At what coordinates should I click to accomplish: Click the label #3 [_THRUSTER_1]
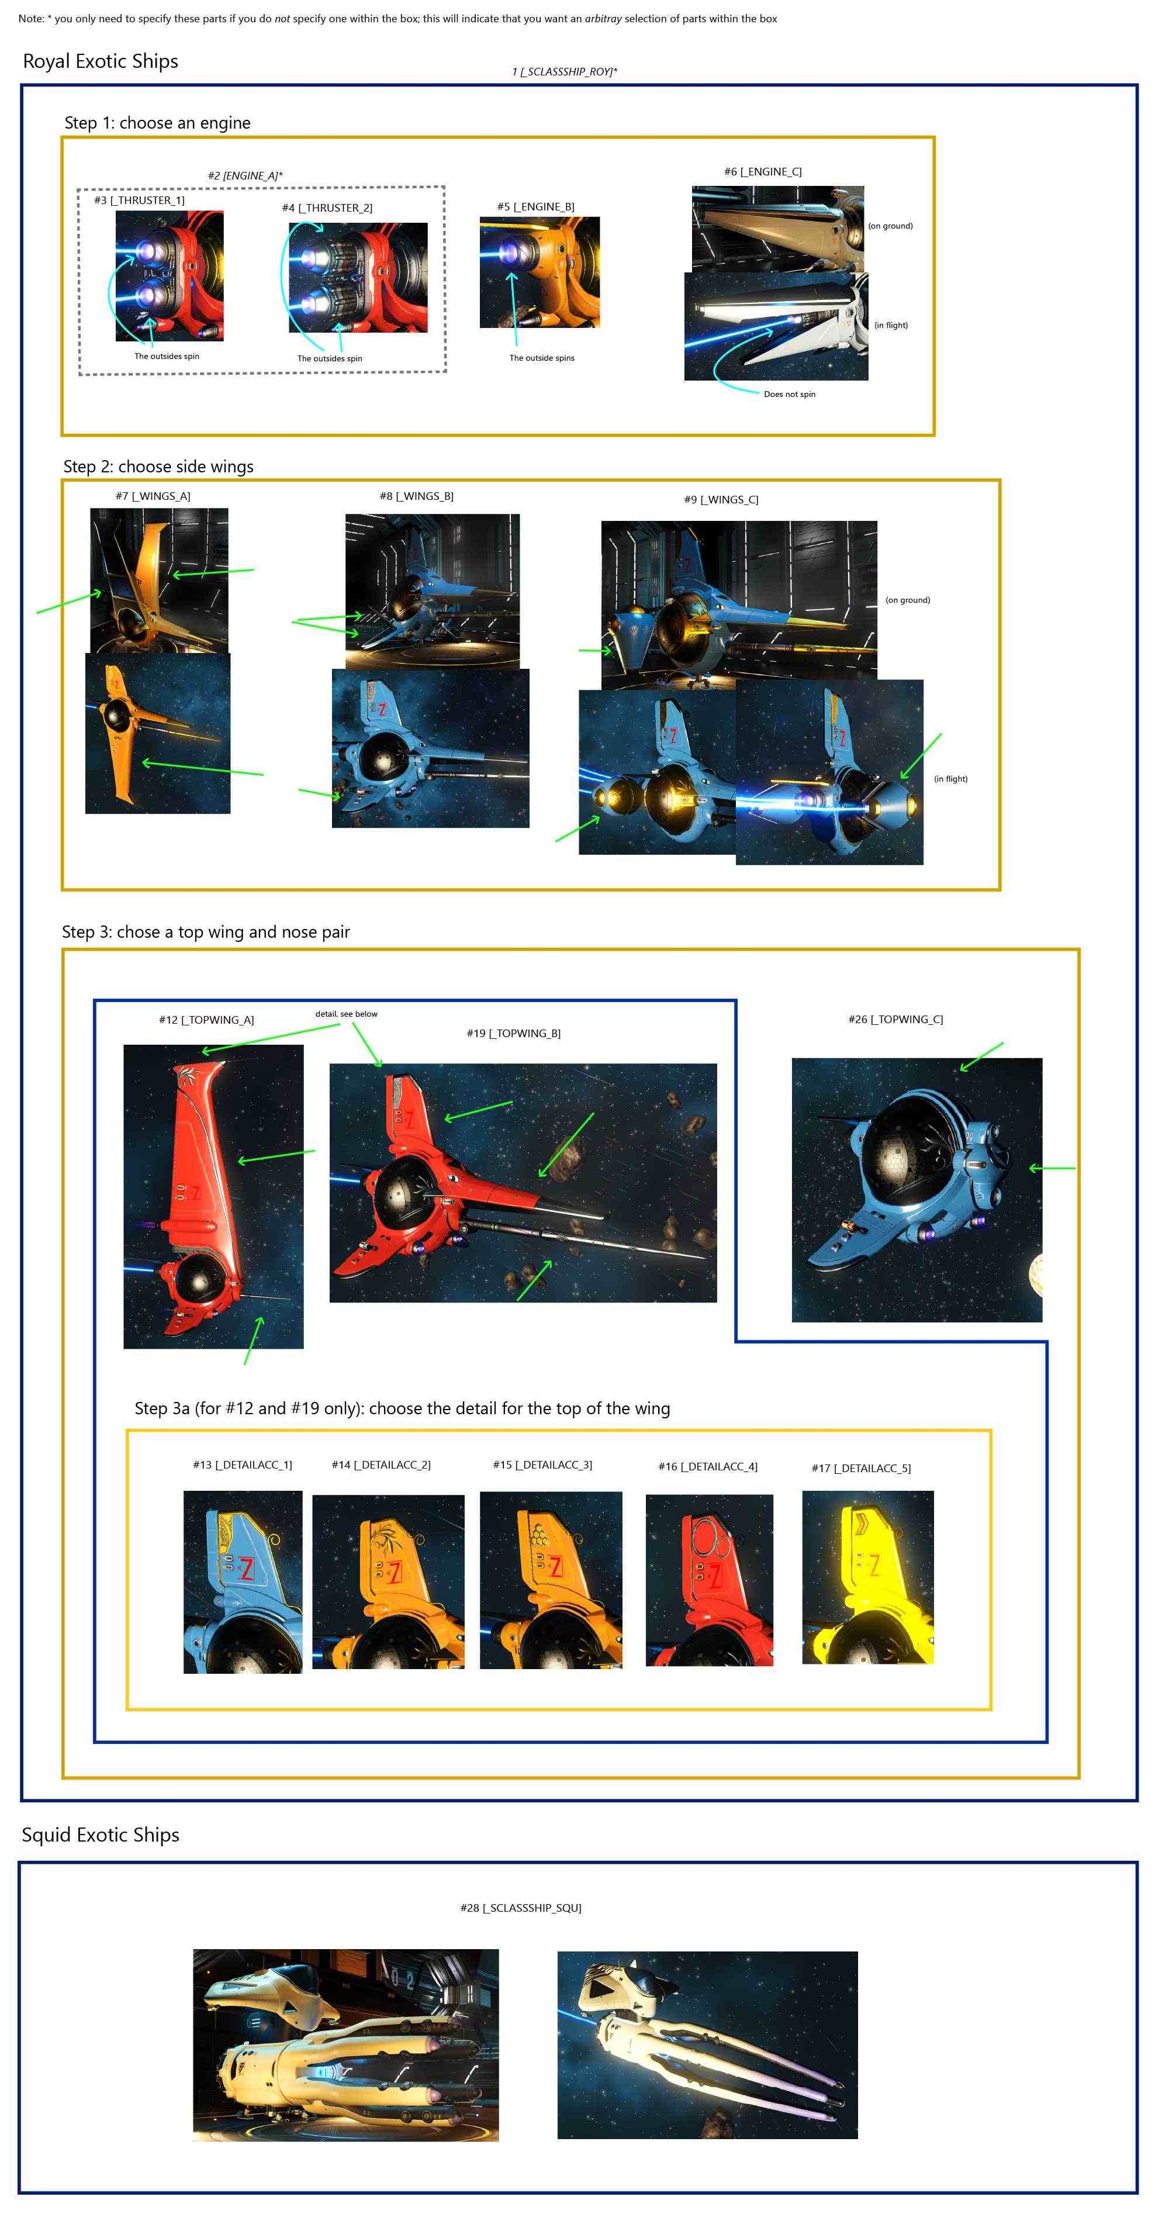[x=139, y=201]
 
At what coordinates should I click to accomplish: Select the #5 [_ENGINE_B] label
[x=535, y=207]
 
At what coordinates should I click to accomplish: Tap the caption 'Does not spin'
[x=790, y=395]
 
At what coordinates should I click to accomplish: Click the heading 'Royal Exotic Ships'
[x=101, y=61]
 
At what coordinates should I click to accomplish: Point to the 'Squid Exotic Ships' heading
[x=101, y=1835]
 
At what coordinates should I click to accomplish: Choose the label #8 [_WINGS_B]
[x=416, y=496]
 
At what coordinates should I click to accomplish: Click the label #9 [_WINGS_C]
[x=721, y=500]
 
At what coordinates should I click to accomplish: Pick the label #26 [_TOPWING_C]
[x=896, y=1020]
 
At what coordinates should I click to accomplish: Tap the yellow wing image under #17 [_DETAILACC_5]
[x=868, y=1577]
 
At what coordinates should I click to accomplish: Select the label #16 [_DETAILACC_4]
[x=708, y=1467]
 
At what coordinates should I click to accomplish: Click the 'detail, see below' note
[x=346, y=1014]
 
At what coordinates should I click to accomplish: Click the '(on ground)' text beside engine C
[x=891, y=226]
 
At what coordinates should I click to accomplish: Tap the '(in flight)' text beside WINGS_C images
[x=950, y=779]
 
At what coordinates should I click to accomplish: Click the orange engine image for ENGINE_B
[x=539, y=272]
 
